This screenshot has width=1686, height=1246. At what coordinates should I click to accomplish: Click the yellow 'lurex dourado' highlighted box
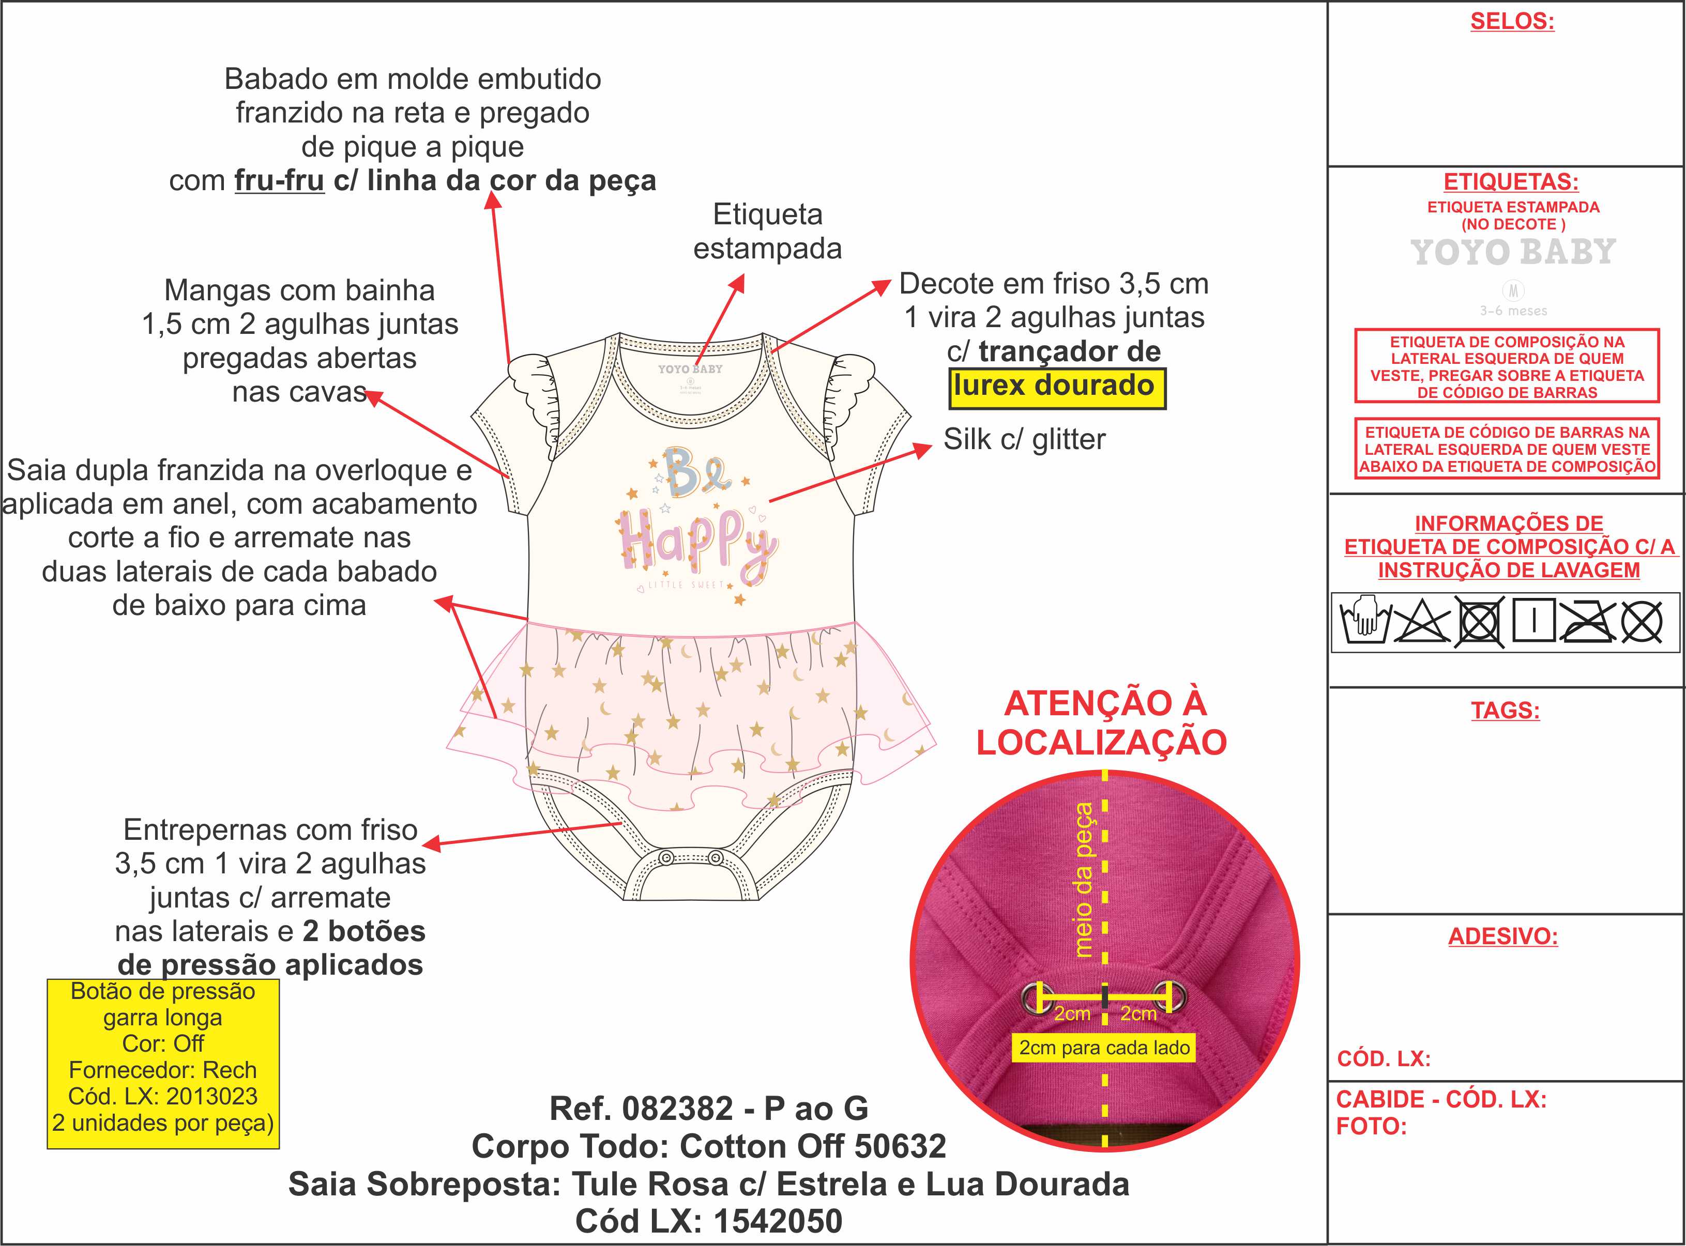pyautogui.click(x=1056, y=388)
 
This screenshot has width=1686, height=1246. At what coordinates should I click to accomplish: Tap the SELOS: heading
pyautogui.click(x=1512, y=21)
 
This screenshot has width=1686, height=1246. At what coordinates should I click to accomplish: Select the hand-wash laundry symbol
pyautogui.click(x=1364, y=622)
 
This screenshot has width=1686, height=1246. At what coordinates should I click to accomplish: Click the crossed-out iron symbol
pyautogui.click(x=1587, y=622)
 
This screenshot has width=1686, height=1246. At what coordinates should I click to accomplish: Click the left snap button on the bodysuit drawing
pyautogui.click(x=666, y=858)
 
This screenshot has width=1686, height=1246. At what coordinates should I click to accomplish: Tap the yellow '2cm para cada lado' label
pyautogui.click(x=1104, y=1048)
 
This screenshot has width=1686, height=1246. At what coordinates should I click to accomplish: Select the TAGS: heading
pyautogui.click(x=1505, y=711)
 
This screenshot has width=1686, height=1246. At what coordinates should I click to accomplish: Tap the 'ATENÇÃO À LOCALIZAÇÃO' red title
pyautogui.click(x=1102, y=722)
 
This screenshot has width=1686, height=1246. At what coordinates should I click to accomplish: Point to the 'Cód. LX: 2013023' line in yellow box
pyautogui.click(x=163, y=1097)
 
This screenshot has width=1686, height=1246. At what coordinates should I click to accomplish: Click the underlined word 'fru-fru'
pyautogui.click(x=279, y=181)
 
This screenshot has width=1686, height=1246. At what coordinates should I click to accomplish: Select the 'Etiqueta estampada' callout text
pyautogui.click(x=767, y=232)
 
